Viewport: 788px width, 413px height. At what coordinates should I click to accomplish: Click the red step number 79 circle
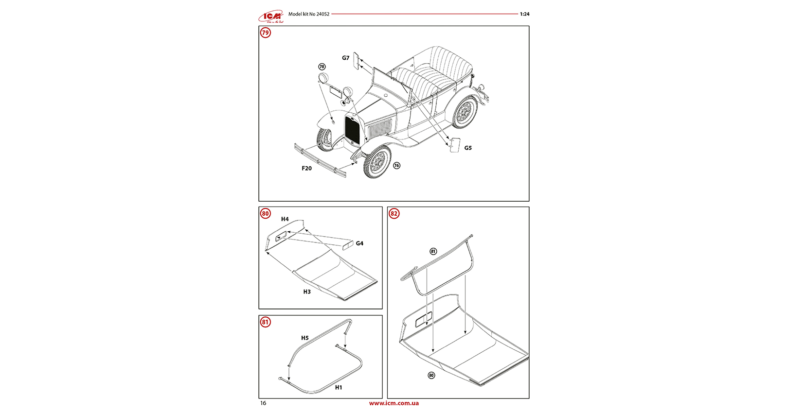coord(265,33)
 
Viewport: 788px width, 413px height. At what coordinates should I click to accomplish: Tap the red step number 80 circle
coord(265,213)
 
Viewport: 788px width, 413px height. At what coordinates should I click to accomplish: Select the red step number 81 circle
coord(265,322)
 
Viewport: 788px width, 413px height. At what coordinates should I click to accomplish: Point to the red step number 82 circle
coord(394,213)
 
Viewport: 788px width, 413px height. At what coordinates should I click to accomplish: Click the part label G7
coord(345,58)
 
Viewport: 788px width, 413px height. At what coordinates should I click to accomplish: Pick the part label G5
coord(467,148)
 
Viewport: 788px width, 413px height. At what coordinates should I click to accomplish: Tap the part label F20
coord(306,168)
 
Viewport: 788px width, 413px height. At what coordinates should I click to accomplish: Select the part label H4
coord(285,219)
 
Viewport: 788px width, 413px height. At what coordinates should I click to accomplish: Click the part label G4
coord(359,243)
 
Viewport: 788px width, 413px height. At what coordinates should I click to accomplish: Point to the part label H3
coord(306,292)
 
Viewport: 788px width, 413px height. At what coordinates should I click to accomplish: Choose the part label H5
coord(304,338)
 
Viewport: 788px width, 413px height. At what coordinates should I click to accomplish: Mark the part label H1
coord(338,387)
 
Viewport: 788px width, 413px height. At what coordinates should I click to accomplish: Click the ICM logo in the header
coord(271,17)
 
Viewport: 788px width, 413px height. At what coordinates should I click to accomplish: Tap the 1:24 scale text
coord(524,14)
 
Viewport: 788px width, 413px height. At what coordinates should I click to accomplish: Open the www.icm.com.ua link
coord(394,403)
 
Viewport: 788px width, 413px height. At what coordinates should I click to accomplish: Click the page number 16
coord(263,403)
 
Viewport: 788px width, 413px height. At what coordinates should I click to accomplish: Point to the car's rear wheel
coord(465,112)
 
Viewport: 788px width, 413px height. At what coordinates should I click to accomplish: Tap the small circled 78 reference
coord(322,67)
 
